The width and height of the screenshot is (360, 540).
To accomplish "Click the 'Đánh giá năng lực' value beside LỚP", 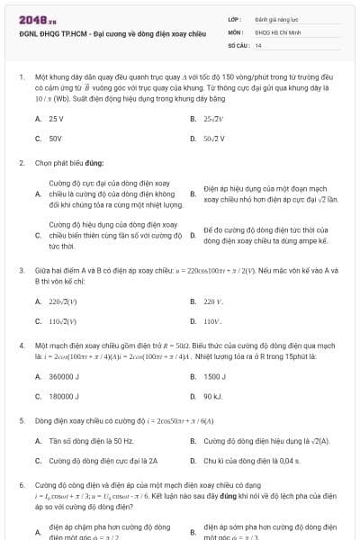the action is pos(272,18).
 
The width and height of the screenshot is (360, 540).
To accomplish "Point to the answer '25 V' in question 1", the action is pos(56,118).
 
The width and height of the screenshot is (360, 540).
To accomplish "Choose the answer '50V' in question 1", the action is pos(55,139).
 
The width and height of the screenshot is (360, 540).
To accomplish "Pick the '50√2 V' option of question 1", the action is pos(214,139).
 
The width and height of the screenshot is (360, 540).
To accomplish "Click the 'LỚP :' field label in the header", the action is pos(235,18).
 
